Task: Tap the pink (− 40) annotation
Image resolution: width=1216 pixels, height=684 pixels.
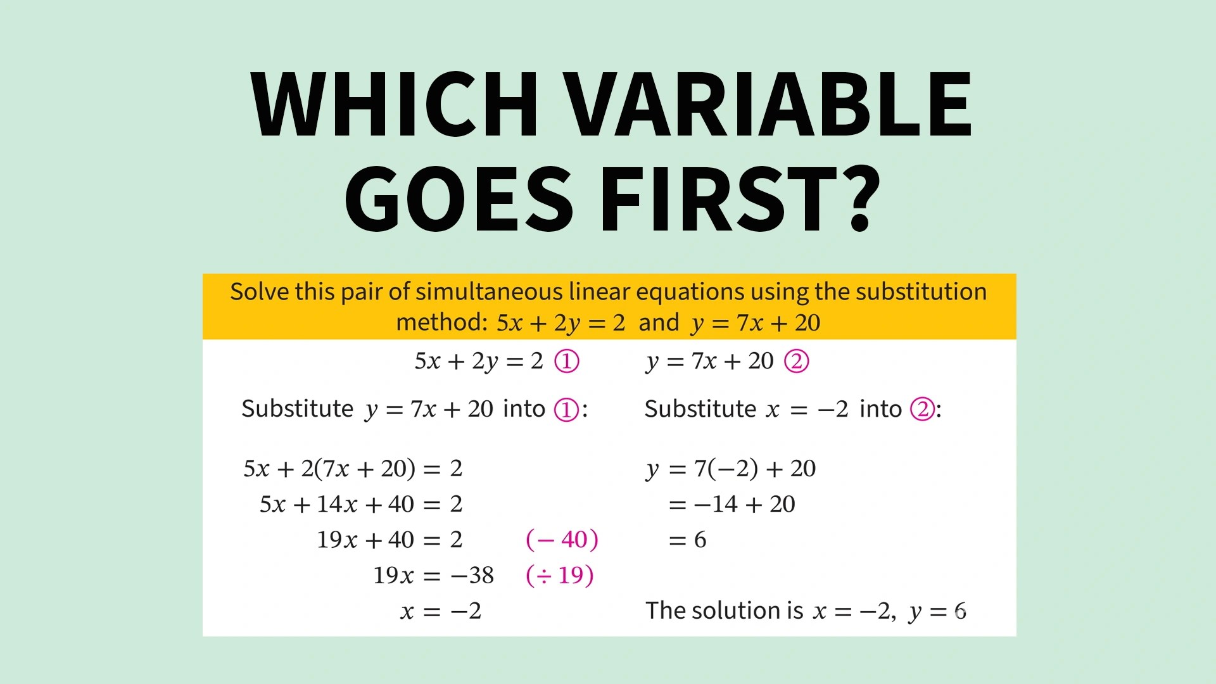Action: pyautogui.click(x=562, y=540)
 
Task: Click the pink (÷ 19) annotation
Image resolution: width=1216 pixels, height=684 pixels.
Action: pyautogui.click(x=560, y=575)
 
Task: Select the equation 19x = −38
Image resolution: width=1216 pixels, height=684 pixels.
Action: pyautogui.click(x=433, y=575)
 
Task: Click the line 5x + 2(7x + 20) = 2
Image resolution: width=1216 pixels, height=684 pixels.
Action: pyautogui.click(x=353, y=469)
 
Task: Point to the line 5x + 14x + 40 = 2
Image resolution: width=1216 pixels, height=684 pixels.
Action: pyautogui.click(x=361, y=504)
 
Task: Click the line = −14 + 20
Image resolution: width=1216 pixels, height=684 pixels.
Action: pyautogui.click(x=731, y=504)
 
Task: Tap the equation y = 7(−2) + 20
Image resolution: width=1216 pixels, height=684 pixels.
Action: pyautogui.click(x=731, y=469)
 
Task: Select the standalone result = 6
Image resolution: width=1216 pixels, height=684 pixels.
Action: pyautogui.click(x=687, y=540)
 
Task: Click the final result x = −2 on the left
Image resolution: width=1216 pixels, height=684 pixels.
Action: pyautogui.click(x=441, y=611)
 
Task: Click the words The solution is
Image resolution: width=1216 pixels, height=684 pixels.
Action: pyautogui.click(x=724, y=611)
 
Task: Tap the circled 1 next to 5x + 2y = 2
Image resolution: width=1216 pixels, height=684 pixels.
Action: pyautogui.click(x=566, y=361)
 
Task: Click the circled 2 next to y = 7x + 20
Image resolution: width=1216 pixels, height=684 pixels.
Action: pyautogui.click(x=796, y=361)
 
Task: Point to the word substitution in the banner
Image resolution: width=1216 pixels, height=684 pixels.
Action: pyautogui.click(x=921, y=292)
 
